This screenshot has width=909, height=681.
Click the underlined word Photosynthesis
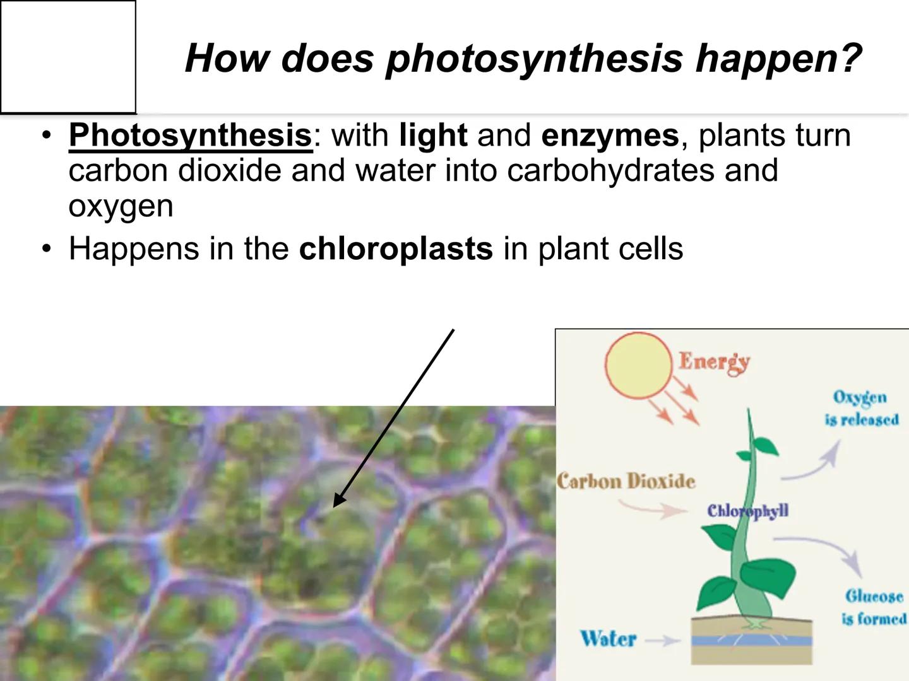[190, 136]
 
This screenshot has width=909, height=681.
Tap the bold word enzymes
[610, 135]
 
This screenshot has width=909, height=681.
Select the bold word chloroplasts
[396, 248]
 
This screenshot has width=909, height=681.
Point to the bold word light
[433, 135]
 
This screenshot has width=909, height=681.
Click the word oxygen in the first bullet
[121, 206]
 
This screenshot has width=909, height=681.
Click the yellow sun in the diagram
[638, 364]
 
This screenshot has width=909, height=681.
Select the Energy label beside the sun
[714, 362]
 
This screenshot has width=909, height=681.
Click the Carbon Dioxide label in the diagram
[626, 482]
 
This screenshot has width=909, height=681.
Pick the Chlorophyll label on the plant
[747, 511]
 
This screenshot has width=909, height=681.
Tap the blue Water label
[609, 638]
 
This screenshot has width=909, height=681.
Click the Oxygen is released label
[861, 409]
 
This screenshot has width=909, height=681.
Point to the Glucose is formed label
[874, 607]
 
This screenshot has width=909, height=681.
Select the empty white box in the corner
[68, 57]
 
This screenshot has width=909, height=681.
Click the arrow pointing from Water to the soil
[663, 641]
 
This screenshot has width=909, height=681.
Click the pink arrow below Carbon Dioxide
[650, 509]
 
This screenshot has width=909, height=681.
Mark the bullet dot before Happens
[45, 249]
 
